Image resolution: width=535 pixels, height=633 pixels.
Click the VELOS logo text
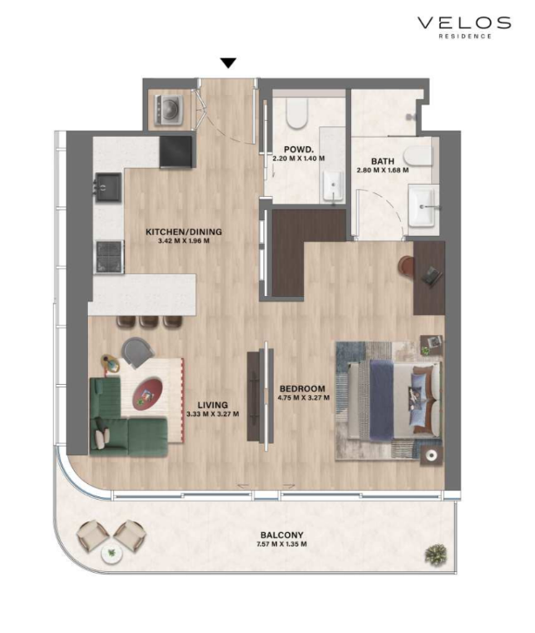[464, 23]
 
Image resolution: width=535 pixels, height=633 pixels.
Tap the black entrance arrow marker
[228, 63]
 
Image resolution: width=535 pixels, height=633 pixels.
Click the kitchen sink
[108, 187]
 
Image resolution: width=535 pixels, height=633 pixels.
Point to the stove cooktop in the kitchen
[109, 257]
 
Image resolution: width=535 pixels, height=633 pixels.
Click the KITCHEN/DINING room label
[184, 232]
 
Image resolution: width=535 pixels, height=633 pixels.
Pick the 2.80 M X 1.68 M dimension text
[383, 170]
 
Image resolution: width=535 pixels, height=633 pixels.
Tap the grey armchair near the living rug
[138, 352]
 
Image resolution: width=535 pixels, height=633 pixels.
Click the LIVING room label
[213, 405]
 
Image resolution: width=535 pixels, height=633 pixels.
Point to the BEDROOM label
[302, 388]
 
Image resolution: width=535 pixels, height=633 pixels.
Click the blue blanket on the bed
[382, 400]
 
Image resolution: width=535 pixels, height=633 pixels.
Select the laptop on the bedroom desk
[431, 277]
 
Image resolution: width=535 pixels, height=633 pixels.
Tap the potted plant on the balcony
[436, 555]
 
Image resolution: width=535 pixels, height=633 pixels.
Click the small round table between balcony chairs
[112, 554]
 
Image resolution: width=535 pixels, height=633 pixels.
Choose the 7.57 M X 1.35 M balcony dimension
[281, 544]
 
